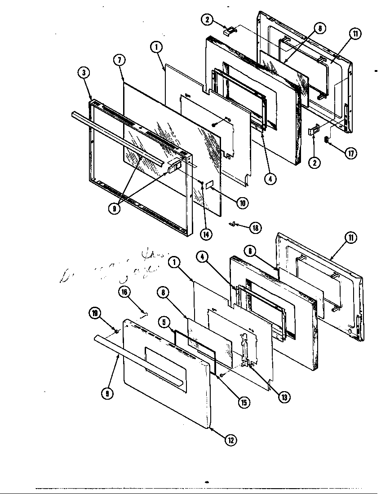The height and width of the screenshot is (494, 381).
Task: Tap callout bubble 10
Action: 242,203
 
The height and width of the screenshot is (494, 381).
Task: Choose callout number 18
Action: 255,228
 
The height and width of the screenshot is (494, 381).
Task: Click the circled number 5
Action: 164,322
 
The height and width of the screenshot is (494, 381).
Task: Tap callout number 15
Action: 243,402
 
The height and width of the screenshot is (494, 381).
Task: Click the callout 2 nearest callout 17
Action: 315,163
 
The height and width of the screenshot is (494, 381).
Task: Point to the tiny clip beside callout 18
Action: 233,223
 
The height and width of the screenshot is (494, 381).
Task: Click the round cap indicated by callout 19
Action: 116,331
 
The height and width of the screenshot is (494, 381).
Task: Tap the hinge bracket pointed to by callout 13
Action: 246,350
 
